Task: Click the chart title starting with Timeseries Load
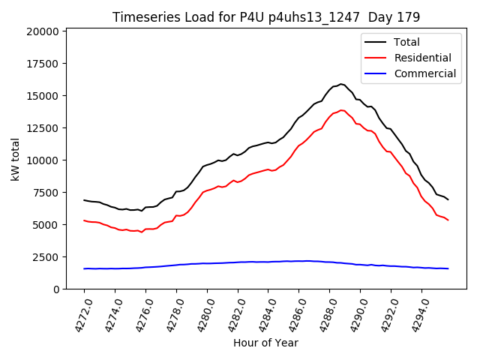point(266,16)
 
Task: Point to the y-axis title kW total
point(15,160)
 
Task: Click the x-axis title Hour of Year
point(265,343)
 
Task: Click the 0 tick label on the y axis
point(55,289)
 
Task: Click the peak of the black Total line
point(340,84)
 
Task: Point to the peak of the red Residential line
point(341,110)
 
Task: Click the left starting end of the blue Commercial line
point(84,268)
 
